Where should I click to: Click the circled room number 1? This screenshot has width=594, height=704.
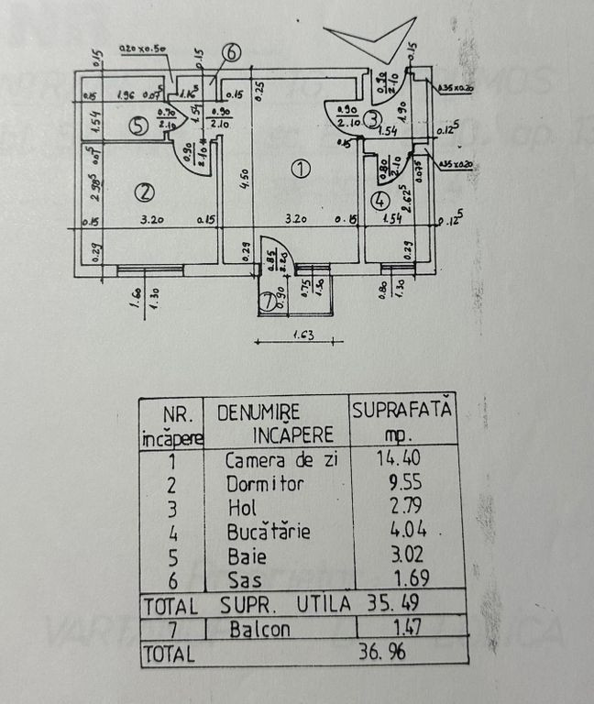coord(300,168)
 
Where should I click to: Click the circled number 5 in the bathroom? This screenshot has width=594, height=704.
coord(137,127)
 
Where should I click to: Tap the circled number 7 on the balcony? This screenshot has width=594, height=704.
coord(266,301)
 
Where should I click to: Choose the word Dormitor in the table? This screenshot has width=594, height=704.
coord(266,483)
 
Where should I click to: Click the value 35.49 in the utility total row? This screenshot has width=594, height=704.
coord(407,606)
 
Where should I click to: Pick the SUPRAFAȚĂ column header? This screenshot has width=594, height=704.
coord(402,412)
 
